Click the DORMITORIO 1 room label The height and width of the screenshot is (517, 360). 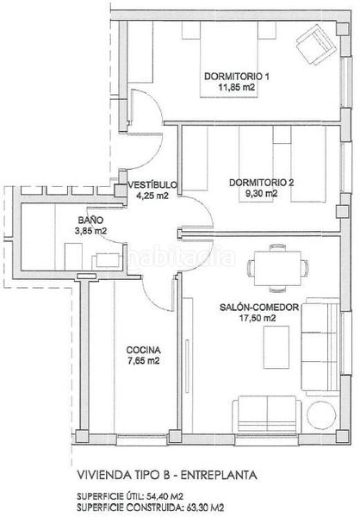pos(237,77)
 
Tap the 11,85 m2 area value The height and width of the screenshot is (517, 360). pos(237,87)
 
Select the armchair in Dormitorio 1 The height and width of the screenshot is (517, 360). pos(316,44)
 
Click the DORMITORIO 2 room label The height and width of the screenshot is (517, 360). pos(261,183)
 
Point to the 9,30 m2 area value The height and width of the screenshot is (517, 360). pos(261,193)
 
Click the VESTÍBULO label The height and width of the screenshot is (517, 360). pos(152,184)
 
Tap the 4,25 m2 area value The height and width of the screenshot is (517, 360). pos(152,196)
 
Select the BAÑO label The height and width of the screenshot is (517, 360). pos(90,220)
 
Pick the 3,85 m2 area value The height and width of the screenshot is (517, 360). pos(90,231)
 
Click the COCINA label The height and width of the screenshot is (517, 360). pos(144,350)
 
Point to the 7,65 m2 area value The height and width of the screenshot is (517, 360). pos(144,361)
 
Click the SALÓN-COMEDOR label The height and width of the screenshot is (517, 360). pos(259,308)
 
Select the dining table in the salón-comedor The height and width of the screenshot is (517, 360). pos(277,268)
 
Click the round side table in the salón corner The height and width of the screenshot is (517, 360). pos(321,414)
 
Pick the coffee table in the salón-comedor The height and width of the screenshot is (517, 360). pos(276,347)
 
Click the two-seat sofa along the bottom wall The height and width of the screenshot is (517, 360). pos(267,414)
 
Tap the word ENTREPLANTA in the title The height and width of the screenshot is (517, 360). pos(220,475)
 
